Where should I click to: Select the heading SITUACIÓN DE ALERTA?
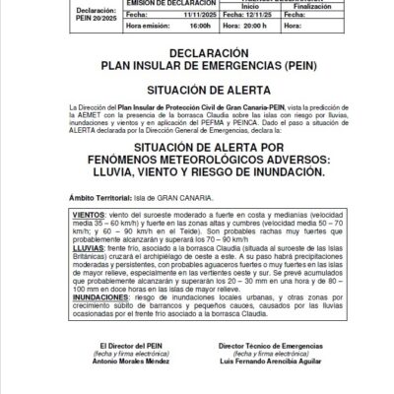point(196,88)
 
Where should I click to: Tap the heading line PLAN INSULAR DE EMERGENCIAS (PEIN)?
point(196,66)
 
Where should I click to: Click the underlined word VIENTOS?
point(90,213)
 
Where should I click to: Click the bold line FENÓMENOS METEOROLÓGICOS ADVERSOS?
point(196,157)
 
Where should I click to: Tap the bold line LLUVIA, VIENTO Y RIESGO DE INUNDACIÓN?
point(196,170)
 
